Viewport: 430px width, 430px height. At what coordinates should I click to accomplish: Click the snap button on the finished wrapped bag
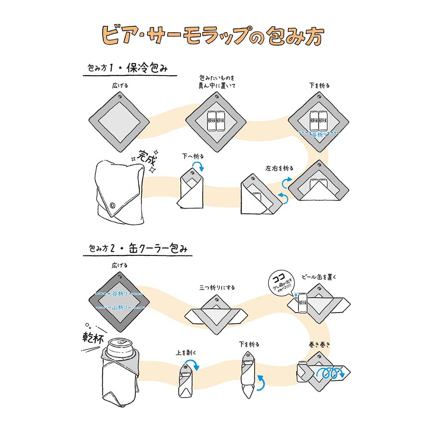(113, 206)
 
